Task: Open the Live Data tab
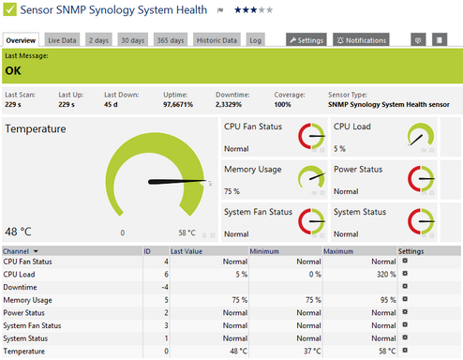pyautogui.click(x=63, y=40)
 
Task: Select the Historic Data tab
pyautogui.click(x=217, y=40)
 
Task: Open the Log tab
pyautogui.click(x=256, y=40)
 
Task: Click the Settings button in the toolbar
pyautogui.click(x=306, y=40)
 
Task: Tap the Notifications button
pyautogui.click(x=361, y=40)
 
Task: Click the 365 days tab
pyautogui.click(x=171, y=40)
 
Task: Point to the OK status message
pyautogui.click(x=13, y=69)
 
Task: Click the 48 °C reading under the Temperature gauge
pyautogui.click(x=19, y=232)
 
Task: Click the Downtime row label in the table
pyautogui.click(x=22, y=286)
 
